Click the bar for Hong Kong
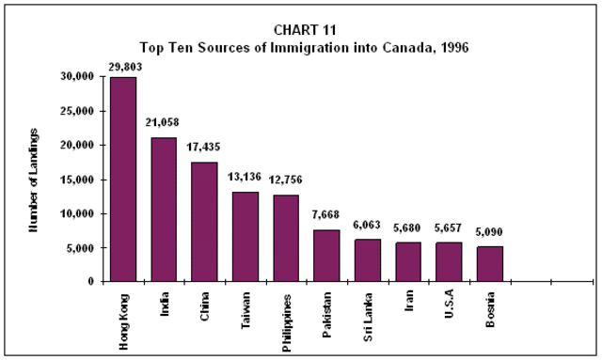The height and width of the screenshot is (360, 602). pos(123,179)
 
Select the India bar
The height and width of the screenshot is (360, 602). pos(164,209)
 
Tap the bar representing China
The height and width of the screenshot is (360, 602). pos(204,221)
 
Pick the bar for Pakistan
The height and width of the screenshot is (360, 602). pos(325,255)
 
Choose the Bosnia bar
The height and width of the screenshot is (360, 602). pos(489,263)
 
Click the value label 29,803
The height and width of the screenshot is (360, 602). pos(123,66)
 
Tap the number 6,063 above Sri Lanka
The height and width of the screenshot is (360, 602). pos(367,227)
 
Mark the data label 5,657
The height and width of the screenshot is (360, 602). pos(449,230)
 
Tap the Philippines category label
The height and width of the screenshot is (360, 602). pos(287,321)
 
